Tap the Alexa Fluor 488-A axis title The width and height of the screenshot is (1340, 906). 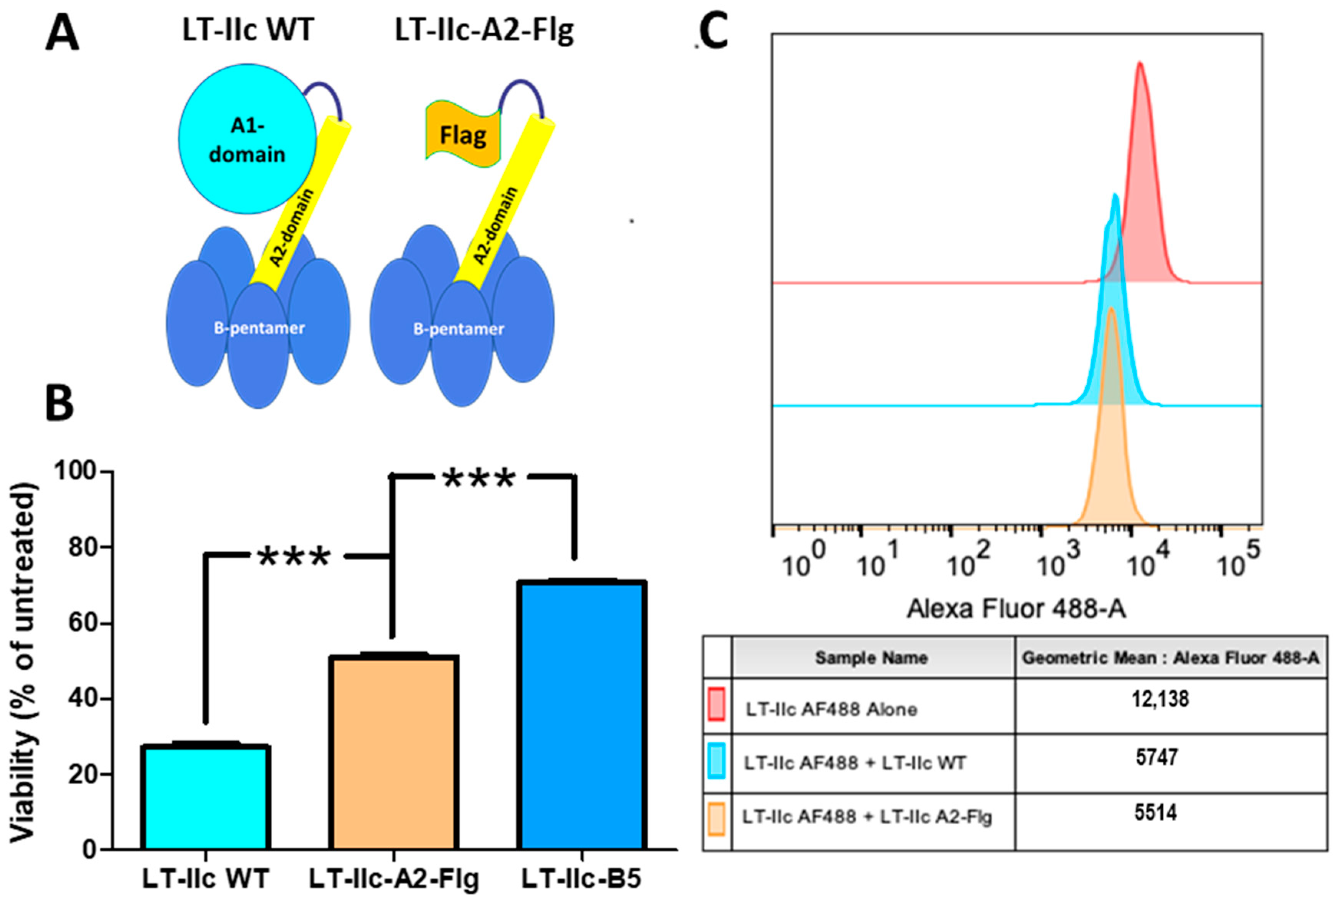click(x=1016, y=608)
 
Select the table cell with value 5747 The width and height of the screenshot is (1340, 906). click(x=1156, y=757)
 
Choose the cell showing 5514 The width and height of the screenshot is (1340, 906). click(x=1155, y=813)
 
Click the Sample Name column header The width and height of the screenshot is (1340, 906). click(x=871, y=658)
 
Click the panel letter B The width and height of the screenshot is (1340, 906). click(x=59, y=403)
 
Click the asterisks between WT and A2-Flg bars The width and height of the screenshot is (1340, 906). click(x=294, y=557)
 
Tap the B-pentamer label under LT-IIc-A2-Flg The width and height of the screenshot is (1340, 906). click(x=458, y=329)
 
